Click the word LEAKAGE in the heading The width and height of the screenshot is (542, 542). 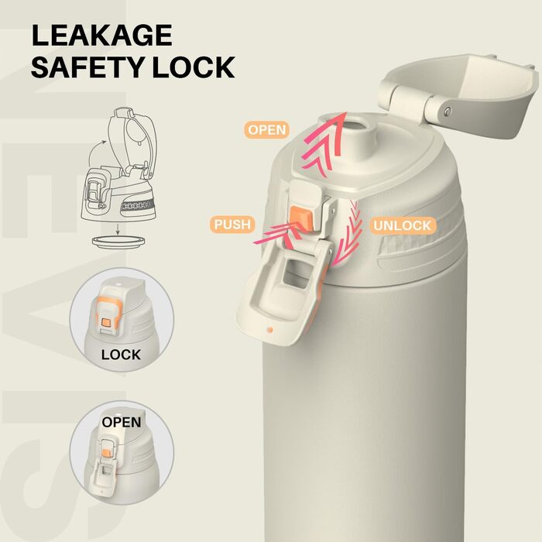point(102,36)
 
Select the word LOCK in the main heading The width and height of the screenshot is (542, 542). point(194,67)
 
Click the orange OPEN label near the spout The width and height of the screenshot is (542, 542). point(267,130)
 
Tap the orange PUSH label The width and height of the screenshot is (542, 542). point(232,225)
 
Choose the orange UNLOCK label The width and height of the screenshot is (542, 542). point(403,226)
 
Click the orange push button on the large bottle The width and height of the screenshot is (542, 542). point(301,218)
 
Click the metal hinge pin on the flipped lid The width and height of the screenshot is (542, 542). point(448,111)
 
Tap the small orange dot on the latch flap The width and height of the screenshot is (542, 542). point(270,330)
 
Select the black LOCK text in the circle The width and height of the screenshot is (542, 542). point(121,355)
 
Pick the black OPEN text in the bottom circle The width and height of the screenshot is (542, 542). point(122,422)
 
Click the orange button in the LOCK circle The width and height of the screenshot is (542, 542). point(106,322)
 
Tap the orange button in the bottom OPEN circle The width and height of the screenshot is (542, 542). point(107,453)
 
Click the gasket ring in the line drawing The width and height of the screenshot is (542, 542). point(118,241)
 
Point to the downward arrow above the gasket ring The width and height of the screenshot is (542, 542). point(118,229)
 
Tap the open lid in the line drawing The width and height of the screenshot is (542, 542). point(133,140)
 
